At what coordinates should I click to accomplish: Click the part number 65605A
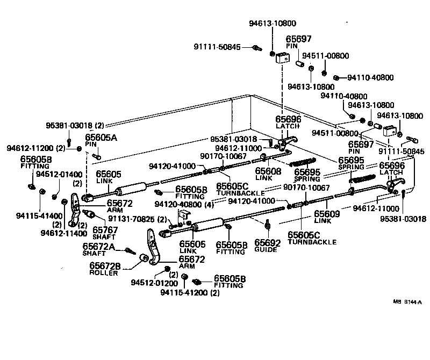[x=101, y=138]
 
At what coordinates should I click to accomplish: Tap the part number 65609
[x=326, y=213]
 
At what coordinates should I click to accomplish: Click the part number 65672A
[x=99, y=247]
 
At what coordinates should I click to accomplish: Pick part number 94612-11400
[x=63, y=233]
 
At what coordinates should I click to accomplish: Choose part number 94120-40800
[x=179, y=204]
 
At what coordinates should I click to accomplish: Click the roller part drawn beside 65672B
[x=144, y=260]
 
